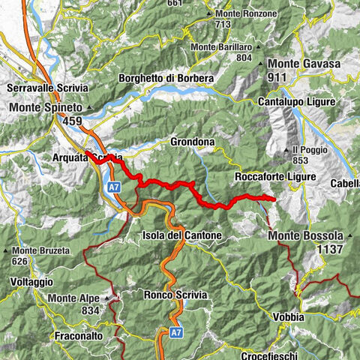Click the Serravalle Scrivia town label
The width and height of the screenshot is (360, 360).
[46, 88]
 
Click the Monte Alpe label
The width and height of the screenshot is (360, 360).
[73, 298]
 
